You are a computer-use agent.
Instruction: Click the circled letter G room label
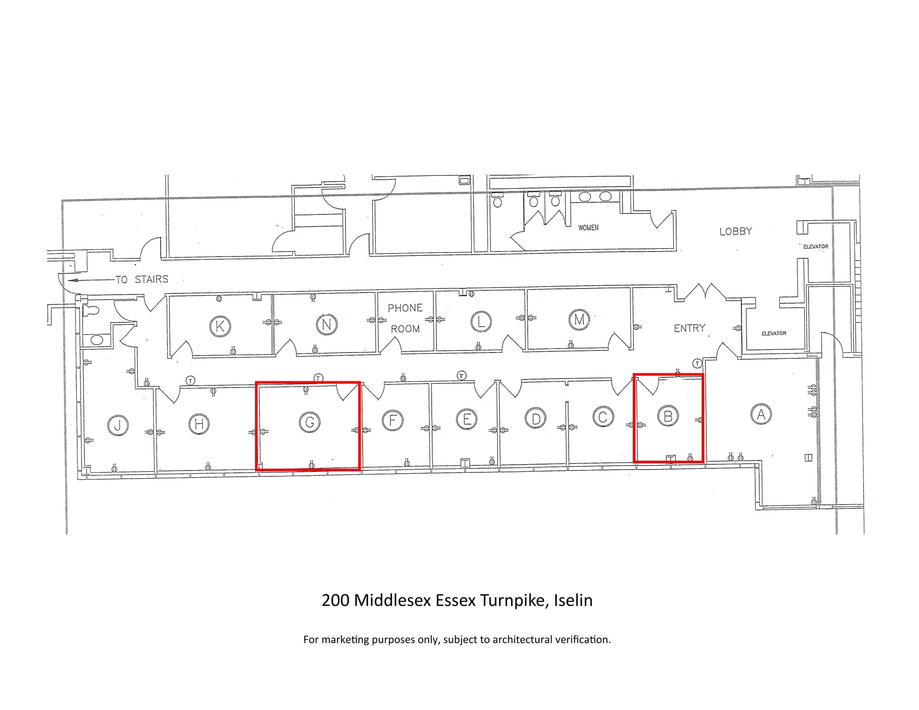coord(309,422)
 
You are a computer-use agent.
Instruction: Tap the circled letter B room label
coord(667,416)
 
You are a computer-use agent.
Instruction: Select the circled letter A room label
coord(761,414)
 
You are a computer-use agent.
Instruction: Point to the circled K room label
coord(220,326)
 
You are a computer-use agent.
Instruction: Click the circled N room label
coord(326,324)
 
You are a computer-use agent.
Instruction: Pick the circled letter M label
coord(579,319)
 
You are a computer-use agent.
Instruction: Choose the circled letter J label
coord(118,425)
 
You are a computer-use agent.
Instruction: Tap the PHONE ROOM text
coord(405,318)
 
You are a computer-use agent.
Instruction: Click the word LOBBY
coord(735,231)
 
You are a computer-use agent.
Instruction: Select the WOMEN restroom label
coord(588,228)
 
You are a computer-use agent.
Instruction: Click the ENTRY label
coord(689,328)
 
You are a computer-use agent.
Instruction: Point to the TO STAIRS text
coord(142,279)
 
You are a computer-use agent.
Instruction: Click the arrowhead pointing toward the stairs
coord(72,280)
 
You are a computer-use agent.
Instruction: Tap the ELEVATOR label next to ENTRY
coord(774,333)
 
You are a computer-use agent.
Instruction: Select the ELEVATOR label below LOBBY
coord(815,247)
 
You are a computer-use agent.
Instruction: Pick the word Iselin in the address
coord(573,600)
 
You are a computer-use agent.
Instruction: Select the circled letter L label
coord(481,321)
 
